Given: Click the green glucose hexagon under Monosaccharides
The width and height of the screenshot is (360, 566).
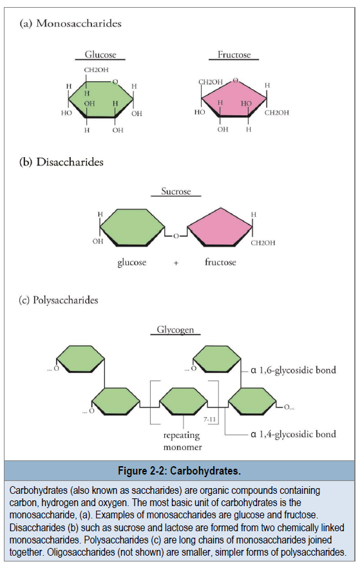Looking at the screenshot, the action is tap(100, 99).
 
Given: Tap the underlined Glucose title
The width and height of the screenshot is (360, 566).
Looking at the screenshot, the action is tap(100, 55).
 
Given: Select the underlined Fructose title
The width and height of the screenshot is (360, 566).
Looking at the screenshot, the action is tap(234, 55).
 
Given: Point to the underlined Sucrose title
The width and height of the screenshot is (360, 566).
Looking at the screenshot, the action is tap(176, 191).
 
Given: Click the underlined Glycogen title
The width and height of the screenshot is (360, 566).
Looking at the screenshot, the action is tap(175, 330).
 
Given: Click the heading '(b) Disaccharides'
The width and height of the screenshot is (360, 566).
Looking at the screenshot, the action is tap(61, 162).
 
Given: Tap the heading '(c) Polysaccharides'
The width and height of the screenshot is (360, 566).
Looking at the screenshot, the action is tap(58, 300).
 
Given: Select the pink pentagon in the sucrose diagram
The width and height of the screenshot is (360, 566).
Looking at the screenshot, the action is tap(220, 227).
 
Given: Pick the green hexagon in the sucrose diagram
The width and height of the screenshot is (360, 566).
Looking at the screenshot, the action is tap(132, 227).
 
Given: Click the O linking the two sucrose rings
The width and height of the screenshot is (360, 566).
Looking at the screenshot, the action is tap(176, 236).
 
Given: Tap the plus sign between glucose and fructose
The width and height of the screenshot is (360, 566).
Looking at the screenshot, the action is tap(176, 263).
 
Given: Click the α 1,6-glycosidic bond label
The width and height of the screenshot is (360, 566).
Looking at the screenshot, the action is tap(293, 370).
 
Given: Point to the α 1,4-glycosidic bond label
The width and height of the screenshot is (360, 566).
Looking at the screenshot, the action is tap(293, 434).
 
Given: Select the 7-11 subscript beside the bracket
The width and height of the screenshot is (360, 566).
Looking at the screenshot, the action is tap(209, 419).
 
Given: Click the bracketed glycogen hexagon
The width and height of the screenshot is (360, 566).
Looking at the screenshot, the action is tap(184, 401).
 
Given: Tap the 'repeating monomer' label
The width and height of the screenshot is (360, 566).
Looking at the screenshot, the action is tap(182, 441).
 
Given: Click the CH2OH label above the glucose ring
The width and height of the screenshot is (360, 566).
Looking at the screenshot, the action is tap(96, 70).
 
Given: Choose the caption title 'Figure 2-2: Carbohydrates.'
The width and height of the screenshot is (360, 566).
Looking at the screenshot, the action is tap(179, 471).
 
